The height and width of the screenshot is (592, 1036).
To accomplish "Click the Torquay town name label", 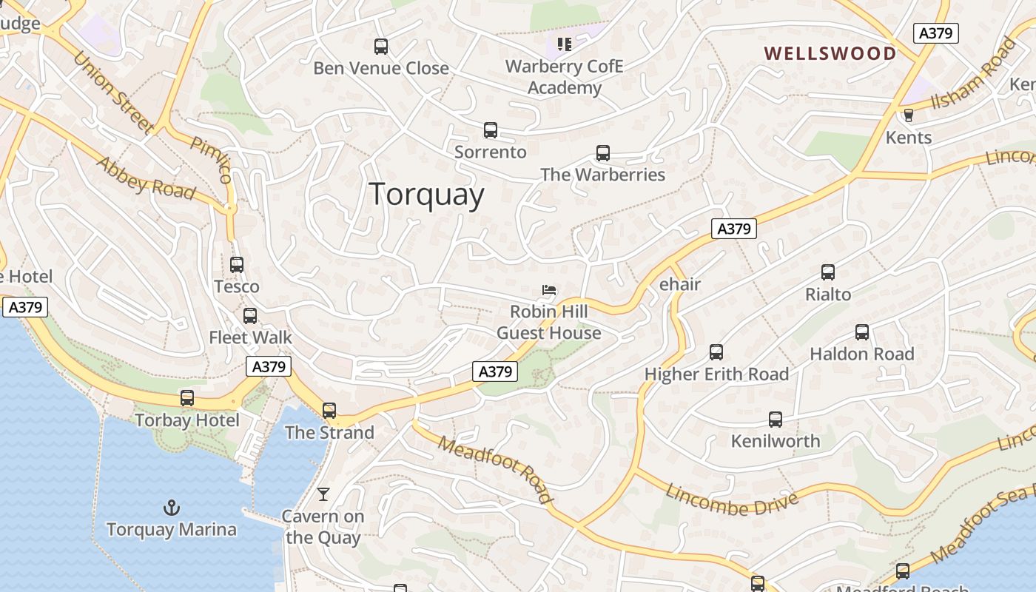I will [427, 195].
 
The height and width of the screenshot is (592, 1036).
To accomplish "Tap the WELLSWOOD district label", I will [830, 53].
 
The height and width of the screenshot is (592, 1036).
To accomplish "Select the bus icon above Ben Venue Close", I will [381, 47].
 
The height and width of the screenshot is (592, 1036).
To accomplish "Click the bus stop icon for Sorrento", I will [490, 130].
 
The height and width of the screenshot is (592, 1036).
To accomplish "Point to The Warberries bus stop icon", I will [603, 153].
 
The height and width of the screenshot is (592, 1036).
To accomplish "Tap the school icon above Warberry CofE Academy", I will [565, 44].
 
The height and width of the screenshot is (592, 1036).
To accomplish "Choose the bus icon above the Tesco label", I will [237, 264].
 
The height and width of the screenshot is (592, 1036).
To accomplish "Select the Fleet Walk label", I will [250, 337].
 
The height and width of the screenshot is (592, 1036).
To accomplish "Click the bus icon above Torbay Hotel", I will [187, 398].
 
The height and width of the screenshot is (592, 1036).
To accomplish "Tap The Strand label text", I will [329, 432].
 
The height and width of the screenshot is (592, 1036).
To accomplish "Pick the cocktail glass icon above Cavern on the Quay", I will [323, 494].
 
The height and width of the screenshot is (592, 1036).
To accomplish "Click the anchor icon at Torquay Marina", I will [172, 508].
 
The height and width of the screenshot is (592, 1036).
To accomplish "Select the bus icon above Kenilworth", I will [775, 420].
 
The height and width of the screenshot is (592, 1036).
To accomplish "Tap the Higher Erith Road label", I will [716, 374].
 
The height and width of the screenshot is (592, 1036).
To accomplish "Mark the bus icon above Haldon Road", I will [862, 332].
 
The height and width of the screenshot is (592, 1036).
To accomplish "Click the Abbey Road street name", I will [147, 178].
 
